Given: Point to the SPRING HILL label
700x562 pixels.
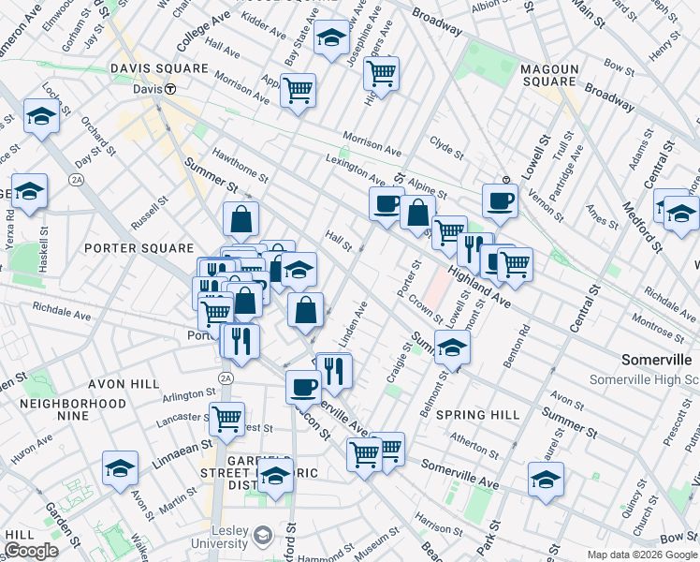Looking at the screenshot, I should [478, 414].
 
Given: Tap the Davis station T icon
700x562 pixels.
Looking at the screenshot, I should [171, 90].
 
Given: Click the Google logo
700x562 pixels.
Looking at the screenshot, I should [30, 551].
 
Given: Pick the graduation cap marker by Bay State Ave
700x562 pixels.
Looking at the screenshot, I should [330, 37].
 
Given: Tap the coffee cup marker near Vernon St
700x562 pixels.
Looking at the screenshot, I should [501, 199].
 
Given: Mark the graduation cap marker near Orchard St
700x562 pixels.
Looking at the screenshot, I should [40, 116].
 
